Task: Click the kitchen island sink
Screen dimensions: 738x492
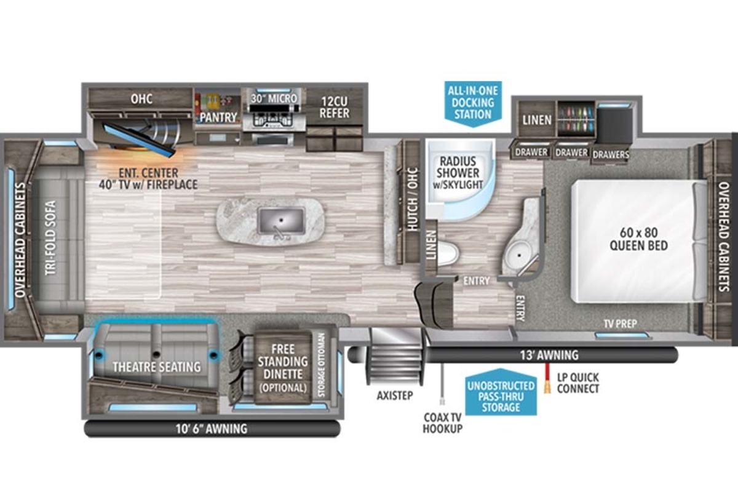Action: click(x=281, y=220)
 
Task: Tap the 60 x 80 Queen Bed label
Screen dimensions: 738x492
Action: click(x=638, y=239)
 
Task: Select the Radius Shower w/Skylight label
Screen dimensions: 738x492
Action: click(x=458, y=173)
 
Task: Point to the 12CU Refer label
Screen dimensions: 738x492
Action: click(x=334, y=108)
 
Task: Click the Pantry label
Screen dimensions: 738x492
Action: click(x=218, y=117)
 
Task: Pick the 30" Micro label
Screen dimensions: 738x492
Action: click(x=274, y=98)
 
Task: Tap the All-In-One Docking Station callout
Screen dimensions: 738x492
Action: click(x=473, y=104)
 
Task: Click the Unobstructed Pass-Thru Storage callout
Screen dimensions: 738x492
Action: click(x=501, y=392)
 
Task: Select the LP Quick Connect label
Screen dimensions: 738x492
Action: click(x=578, y=383)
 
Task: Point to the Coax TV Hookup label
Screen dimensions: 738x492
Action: click(x=442, y=423)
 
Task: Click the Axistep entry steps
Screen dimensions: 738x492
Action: click(x=395, y=357)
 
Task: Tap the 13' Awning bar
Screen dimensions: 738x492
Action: click(x=513, y=355)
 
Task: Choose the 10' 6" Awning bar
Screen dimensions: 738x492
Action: click(x=212, y=429)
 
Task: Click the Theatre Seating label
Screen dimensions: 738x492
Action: click(x=157, y=367)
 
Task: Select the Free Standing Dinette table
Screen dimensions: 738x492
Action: click(x=283, y=368)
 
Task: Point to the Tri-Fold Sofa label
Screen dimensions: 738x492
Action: click(x=50, y=237)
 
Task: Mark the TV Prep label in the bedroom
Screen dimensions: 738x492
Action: click(x=621, y=324)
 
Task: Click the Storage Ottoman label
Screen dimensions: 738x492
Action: click(x=321, y=365)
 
